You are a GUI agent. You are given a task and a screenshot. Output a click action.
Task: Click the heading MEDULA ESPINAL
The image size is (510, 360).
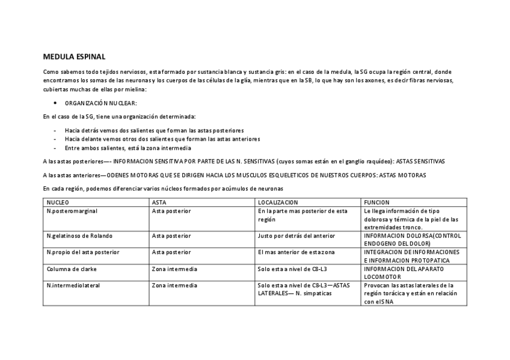point(74,57)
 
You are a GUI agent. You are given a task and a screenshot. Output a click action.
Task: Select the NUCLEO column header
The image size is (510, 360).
point(58,203)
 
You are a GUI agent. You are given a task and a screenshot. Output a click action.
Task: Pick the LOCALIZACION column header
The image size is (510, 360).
point(277,203)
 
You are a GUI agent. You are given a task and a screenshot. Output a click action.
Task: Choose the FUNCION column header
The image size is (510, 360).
point(376,203)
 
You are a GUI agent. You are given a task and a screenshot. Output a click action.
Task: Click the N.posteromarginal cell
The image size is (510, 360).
point(72,211)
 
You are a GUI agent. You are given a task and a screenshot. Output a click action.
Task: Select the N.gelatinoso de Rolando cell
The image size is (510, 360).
point(79,236)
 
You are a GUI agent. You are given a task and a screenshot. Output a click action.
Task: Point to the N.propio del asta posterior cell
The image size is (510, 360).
point(83,252)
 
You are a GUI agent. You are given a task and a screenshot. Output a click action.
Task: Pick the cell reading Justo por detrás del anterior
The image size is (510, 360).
point(296,236)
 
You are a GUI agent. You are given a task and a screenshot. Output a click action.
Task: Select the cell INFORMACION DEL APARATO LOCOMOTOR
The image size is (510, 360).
point(404,272)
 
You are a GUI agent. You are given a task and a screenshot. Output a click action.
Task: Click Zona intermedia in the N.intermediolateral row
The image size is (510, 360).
point(174,285)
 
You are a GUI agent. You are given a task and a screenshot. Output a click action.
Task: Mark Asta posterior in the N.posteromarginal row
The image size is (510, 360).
point(171,211)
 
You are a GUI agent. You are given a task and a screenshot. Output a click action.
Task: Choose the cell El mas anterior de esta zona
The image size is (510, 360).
point(296,252)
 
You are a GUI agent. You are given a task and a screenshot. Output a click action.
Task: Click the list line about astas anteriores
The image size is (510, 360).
point(162,138)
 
